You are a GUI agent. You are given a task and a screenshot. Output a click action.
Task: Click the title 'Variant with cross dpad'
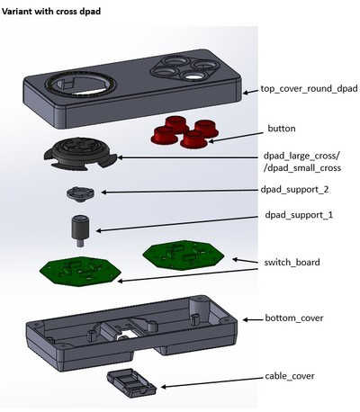[51, 12]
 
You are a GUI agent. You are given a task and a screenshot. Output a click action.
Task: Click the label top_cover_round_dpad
[309, 89]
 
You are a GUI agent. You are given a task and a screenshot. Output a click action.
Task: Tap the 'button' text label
[282, 129]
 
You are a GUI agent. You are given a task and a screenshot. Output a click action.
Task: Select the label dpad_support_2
[294, 190]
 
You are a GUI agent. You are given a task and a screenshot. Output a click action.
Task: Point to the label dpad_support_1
[299, 215]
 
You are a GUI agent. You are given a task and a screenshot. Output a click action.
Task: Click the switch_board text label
[292, 263]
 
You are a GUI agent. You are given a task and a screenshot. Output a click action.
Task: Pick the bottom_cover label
[294, 318]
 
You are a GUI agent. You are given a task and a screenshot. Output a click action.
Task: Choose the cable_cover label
[290, 376]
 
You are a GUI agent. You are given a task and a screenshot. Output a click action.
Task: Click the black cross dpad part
[81, 155]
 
